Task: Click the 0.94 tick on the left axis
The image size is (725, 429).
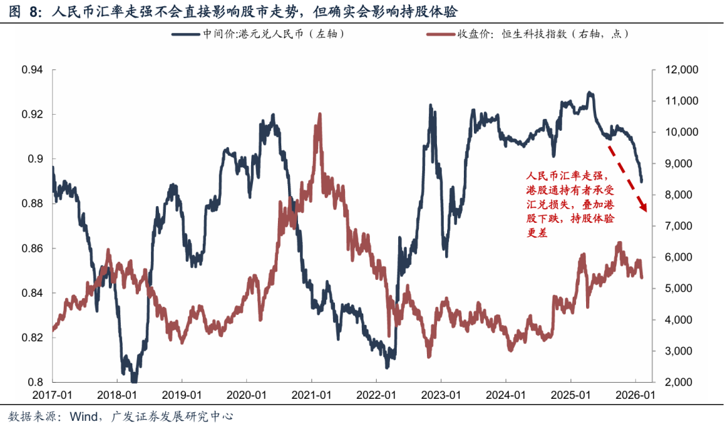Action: [33, 70]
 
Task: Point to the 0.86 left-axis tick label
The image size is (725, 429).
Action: [33, 248]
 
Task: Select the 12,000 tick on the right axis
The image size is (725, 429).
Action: [679, 70]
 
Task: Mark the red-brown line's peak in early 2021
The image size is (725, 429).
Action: [319, 115]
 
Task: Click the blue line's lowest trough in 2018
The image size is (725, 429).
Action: [134, 380]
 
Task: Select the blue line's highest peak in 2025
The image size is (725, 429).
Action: [589, 93]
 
